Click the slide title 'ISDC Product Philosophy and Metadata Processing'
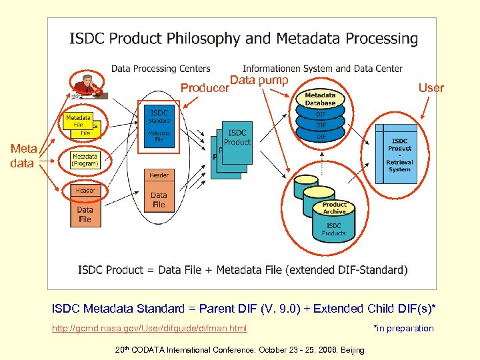(x=243, y=39)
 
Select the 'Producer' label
(x=204, y=88)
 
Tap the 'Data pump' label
(x=259, y=81)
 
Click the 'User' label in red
(x=431, y=87)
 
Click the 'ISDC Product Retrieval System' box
(x=399, y=155)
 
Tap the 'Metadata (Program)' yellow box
(x=85, y=160)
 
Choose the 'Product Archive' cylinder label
(x=334, y=208)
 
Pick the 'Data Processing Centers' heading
(x=161, y=68)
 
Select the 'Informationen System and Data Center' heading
(x=323, y=68)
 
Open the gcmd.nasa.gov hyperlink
(x=149, y=328)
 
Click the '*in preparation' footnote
(x=403, y=328)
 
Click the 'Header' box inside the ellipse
(x=159, y=175)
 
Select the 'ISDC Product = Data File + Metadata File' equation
(x=243, y=270)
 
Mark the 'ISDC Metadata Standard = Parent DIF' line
(x=244, y=309)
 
